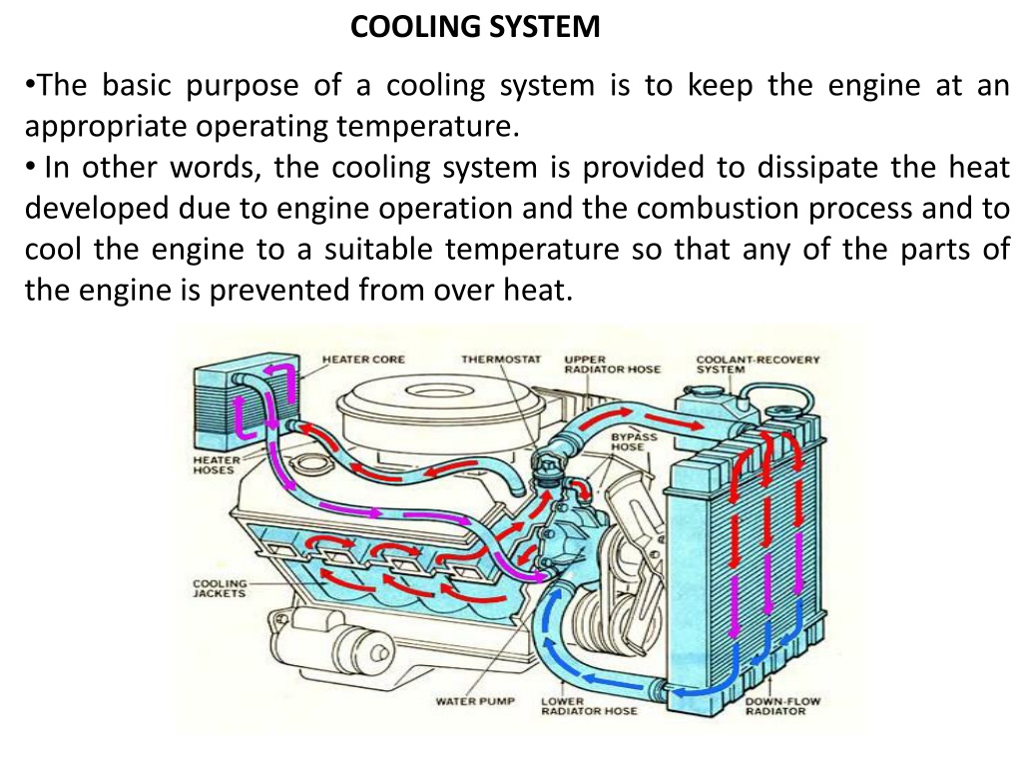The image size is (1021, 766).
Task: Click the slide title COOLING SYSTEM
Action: click(x=475, y=27)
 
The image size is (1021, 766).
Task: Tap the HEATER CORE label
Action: click(x=363, y=360)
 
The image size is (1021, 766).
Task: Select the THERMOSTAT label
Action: click(x=501, y=360)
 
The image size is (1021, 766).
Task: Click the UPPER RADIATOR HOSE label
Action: click(x=612, y=365)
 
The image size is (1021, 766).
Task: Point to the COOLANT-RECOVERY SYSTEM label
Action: click(x=758, y=365)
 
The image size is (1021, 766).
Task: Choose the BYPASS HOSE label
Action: click(x=634, y=441)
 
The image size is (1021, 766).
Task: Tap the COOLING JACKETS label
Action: click(x=220, y=588)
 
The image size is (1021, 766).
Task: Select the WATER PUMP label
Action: click(x=475, y=701)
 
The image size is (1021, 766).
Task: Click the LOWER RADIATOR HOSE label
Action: click(x=589, y=706)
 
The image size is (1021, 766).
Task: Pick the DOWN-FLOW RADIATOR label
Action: click(x=782, y=706)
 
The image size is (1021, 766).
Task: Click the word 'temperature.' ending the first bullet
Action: click(x=428, y=127)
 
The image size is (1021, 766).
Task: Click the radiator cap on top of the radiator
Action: click(x=785, y=413)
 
